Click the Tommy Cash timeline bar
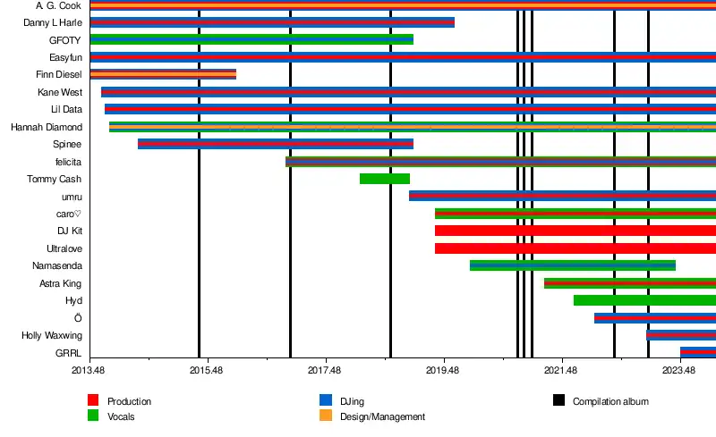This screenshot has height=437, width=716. tap(385, 179)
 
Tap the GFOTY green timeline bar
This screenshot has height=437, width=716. tap(251, 39)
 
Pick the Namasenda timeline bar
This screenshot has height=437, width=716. tap(573, 265)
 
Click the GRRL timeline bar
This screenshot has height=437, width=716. tap(698, 352)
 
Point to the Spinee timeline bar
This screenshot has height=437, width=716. tap(276, 144)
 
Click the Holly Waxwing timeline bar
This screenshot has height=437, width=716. tap(681, 335)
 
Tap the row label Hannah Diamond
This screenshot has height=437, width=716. tap(47, 127)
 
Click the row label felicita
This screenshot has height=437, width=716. tap(68, 162)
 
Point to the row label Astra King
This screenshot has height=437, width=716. tap(61, 283)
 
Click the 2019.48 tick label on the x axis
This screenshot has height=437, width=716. tap(443, 371)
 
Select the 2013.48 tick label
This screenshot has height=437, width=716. tap(89, 371)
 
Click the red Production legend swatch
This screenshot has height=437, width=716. tap(92, 401)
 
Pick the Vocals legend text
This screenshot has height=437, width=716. tap(122, 416)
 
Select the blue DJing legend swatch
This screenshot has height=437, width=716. tap(326, 401)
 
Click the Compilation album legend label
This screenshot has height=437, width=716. tap(610, 401)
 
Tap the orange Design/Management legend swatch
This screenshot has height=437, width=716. tap(326, 416)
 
